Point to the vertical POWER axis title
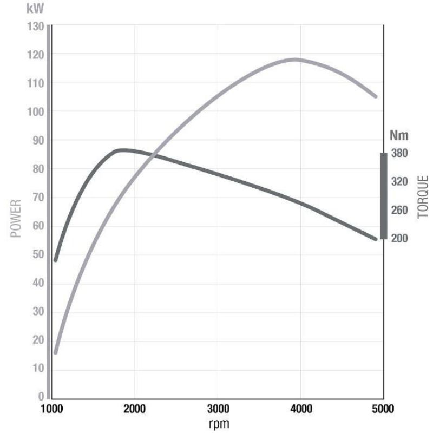[16, 219]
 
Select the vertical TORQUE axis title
[423, 196]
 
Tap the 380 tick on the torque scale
[399, 153]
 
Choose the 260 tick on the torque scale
[399, 210]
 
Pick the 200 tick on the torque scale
[399, 238]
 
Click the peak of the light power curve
[295, 60]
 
